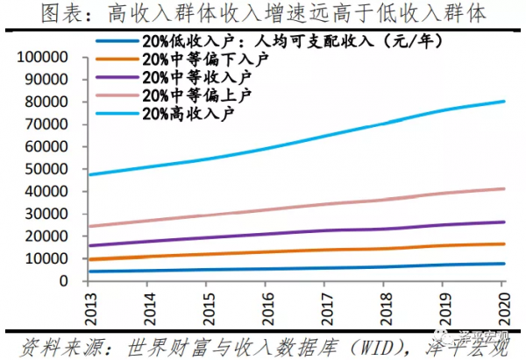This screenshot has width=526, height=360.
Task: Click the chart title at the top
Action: tap(263, 12)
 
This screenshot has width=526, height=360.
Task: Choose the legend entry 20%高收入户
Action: tap(189, 112)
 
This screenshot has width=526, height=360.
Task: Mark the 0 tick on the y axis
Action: tap(73, 281)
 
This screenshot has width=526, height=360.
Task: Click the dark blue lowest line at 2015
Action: tap(207, 270)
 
